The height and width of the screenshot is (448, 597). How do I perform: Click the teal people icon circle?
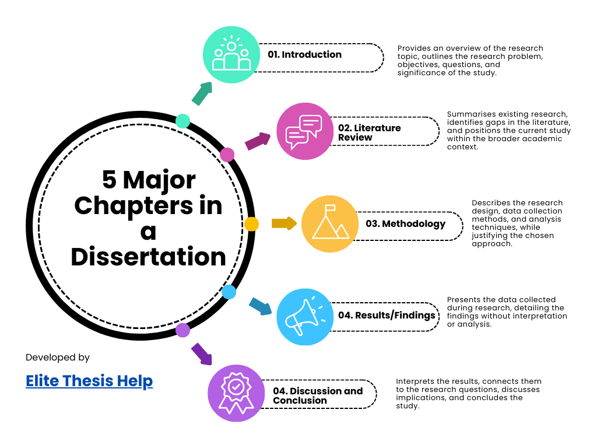(231, 54)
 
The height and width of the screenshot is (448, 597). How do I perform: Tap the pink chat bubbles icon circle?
(304, 131)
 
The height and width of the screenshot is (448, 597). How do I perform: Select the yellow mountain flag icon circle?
(330, 224)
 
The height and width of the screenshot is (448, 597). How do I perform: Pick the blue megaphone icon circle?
(305, 316)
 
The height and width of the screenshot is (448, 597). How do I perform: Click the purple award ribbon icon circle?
(236, 393)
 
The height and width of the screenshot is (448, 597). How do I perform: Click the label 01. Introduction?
(305, 55)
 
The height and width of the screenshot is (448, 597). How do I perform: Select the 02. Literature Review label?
(370, 132)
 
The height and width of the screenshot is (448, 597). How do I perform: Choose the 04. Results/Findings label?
(387, 316)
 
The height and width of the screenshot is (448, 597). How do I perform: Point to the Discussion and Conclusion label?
(318, 395)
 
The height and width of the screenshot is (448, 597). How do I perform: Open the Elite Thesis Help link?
(89, 381)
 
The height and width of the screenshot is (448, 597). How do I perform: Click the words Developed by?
(58, 358)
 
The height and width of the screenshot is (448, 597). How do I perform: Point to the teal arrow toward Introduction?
(201, 93)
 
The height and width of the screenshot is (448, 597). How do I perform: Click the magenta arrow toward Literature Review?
(258, 141)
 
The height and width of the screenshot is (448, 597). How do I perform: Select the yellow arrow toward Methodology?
(284, 223)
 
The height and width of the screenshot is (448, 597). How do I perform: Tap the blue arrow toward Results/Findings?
(260, 306)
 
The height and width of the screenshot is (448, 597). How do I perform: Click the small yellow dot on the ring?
(251, 224)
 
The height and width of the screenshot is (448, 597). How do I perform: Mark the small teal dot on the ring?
(182, 121)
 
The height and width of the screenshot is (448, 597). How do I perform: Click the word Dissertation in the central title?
(149, 257)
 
